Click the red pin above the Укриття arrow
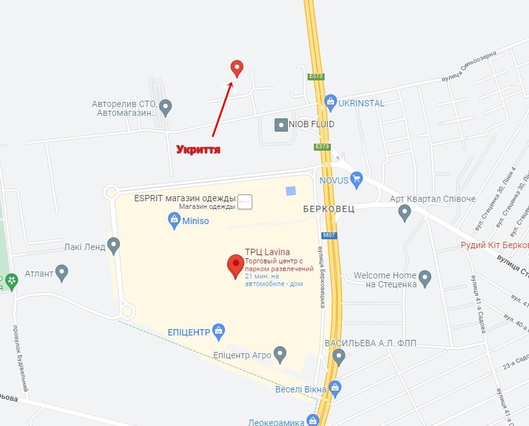(237, 68)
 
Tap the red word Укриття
(198, 149)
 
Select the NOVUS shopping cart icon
(356, 179)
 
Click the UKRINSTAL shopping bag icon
(330, 101)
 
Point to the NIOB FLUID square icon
(281, 125)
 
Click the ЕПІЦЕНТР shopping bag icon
(219, 330)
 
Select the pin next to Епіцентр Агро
(280, 354)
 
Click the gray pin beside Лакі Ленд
(114, 245)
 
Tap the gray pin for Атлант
(62, 273)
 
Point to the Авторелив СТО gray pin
(166, 108)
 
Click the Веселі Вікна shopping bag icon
(335, 387)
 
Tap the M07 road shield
(328, 235)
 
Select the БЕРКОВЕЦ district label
(328, 208)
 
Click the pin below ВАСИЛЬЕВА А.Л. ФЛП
(339, 358)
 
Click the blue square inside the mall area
(290, 191)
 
